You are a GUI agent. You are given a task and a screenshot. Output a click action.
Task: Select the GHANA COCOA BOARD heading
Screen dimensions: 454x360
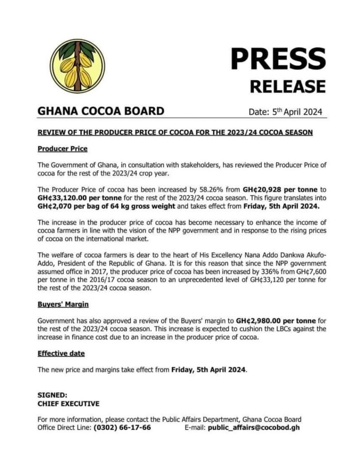[101, 111]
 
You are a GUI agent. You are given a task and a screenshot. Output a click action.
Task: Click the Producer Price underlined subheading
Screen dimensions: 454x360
[63, 149]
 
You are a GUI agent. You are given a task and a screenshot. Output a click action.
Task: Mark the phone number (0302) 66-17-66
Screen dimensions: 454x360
[122, 428]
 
